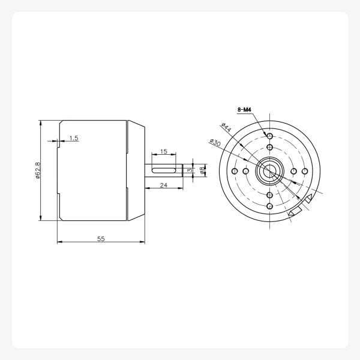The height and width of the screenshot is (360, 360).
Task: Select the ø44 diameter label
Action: pyautogui.click(x=227, y=128)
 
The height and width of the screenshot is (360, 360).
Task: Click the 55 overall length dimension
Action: pyautogui.click(x=101, y=238)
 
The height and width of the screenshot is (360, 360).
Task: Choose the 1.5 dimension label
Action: pyautogui.click(x=74, y=138)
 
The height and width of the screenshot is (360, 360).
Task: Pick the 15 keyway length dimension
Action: pyautogui.click(x=163, y=151)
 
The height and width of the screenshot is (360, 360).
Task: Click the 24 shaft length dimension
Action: pyautogui.click(x=163, y=186)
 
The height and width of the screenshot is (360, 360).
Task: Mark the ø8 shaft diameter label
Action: pyautogui.click(x=203, y=171)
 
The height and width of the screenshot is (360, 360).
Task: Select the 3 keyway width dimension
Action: pyautogui.click(x=189, y=171)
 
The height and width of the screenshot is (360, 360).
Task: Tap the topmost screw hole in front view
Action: pyautogui.click(x=270, y=136)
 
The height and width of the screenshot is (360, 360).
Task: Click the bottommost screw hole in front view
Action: pyautogui.click(x=270, y=207)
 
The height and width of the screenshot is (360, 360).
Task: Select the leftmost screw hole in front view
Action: pyautogui.click(x=234, y=172)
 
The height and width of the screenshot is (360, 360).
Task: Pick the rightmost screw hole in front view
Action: pyautogui.click(x=305, y=172)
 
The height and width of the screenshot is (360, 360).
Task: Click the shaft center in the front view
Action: pyautogui.click(x=270, y=172)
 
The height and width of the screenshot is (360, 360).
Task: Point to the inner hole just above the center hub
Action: pyautogui.click(x=270, y=147)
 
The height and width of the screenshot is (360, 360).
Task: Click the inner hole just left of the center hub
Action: pyautogui.click(x=245, y=172)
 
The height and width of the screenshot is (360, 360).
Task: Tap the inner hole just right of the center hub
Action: pyautogui.click(x=294, y=172)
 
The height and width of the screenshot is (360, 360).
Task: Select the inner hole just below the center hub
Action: pyautogui.click(x=270, y=196)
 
